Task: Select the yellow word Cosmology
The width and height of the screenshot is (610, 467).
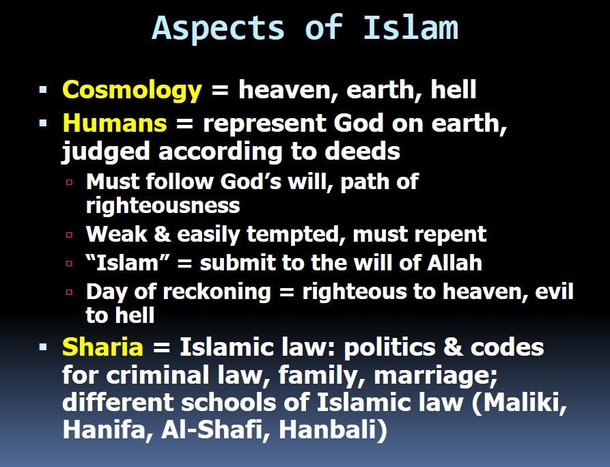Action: pyautogui.click(x=132, y=90)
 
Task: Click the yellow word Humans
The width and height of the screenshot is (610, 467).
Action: pyautogui.click(x=114, y=123)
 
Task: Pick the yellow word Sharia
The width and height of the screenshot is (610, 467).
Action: pyautogui.click(x=102, y=347)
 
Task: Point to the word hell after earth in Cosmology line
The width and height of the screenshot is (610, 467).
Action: pyautogui.click(x=453, y=90)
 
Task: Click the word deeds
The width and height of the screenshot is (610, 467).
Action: pyautogui.click(x=366, y=152)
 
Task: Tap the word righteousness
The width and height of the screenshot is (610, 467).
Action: pyautogui.click(x=163, y=206)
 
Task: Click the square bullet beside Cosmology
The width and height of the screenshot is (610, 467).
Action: pyautogui.click(x=44, y=90)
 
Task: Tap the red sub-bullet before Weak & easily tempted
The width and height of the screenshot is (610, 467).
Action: pyautogui.click(x=69, y=234)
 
